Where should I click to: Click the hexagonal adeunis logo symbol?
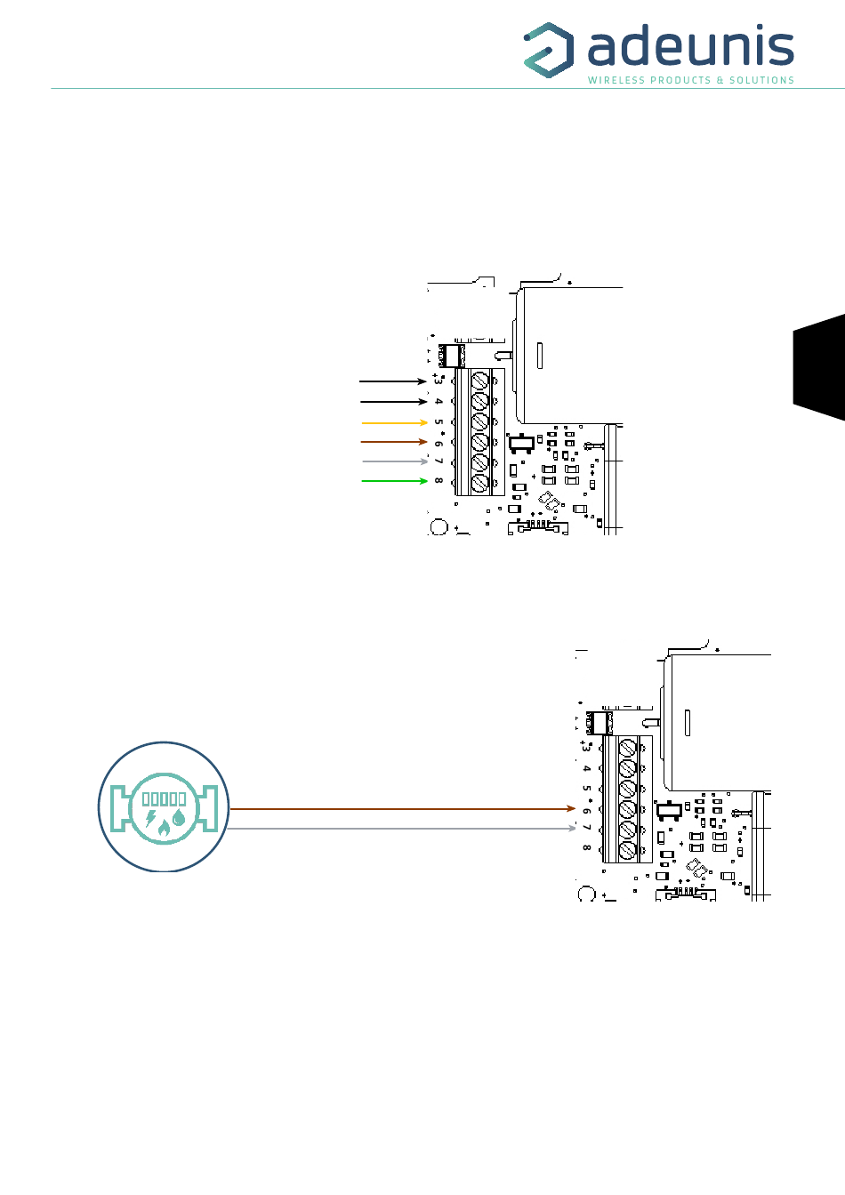(549, 50)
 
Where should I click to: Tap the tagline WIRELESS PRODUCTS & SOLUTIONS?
(691, 80)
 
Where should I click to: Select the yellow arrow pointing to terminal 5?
(394, 422)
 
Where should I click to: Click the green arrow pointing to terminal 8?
(394, 481)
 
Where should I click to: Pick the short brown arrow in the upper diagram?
(394, 442)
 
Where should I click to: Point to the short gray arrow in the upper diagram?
(395, 461)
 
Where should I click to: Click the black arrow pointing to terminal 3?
(393, 381)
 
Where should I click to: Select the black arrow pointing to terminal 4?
(394, 401)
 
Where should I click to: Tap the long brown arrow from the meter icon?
(402, 809)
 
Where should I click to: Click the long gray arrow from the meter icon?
(402, 829)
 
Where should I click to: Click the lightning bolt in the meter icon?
(150, 818)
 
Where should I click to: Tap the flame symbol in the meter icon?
(164, 828)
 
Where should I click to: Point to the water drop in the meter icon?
(178, 817)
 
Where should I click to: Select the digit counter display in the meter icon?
(164, 798)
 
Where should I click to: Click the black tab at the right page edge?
(819, 367)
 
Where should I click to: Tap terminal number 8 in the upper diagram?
(439, 480)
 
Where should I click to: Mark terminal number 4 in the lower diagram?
(587, 768)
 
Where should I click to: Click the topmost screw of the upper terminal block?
(480, 381)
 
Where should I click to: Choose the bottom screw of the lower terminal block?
(628, 850)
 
